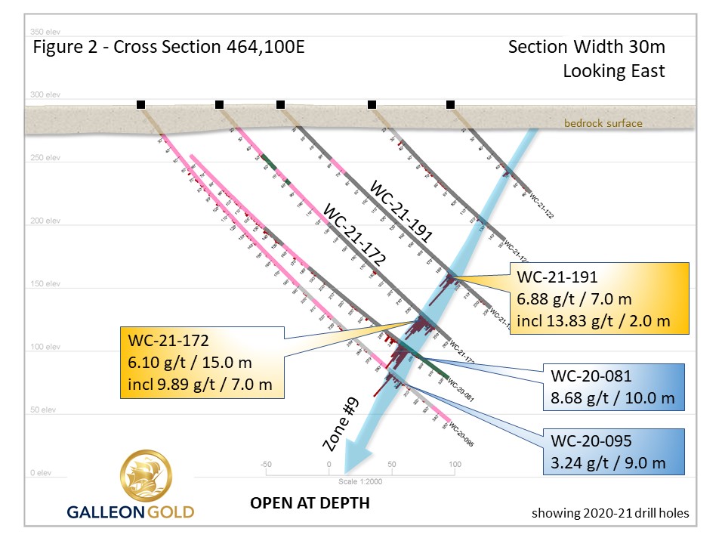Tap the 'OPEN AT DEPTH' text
tap(310, 502)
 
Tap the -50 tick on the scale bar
tap(265, 464)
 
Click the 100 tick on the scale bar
tap(455, 464)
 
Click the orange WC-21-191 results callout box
tap(600, 298)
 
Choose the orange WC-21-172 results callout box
tap(202, 363)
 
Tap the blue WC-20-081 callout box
tap(614, 386)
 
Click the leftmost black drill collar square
tap(140, 104)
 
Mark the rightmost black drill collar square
tap(451, 104)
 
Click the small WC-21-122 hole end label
tap(542, 206)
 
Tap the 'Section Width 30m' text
tap(586, 47)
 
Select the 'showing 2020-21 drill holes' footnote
tap(610, 513)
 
